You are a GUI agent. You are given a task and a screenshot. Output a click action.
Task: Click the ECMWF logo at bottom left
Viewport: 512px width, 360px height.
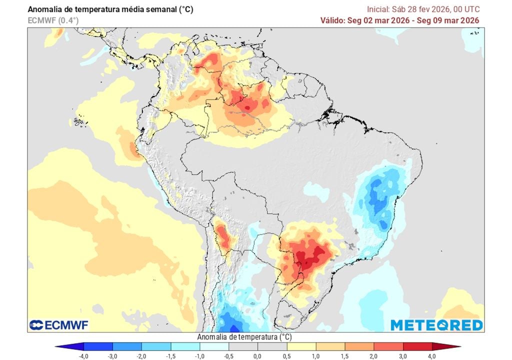58,325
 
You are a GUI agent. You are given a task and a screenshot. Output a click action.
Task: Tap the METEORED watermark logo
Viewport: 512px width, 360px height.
436,325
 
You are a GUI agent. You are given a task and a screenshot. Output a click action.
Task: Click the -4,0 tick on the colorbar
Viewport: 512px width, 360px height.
84,355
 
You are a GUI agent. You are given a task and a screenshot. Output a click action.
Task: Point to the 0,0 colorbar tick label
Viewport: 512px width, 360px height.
257,355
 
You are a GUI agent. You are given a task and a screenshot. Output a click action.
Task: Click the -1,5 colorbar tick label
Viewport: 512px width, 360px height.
170,355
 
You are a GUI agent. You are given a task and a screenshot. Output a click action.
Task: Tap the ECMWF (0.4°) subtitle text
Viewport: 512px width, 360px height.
53,20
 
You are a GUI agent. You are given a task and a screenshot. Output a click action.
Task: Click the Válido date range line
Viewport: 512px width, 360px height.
400,20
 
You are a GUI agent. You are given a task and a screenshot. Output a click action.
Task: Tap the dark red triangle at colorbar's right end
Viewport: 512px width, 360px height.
454,346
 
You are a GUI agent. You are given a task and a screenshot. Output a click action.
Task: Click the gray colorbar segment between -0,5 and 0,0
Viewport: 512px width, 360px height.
243,346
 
